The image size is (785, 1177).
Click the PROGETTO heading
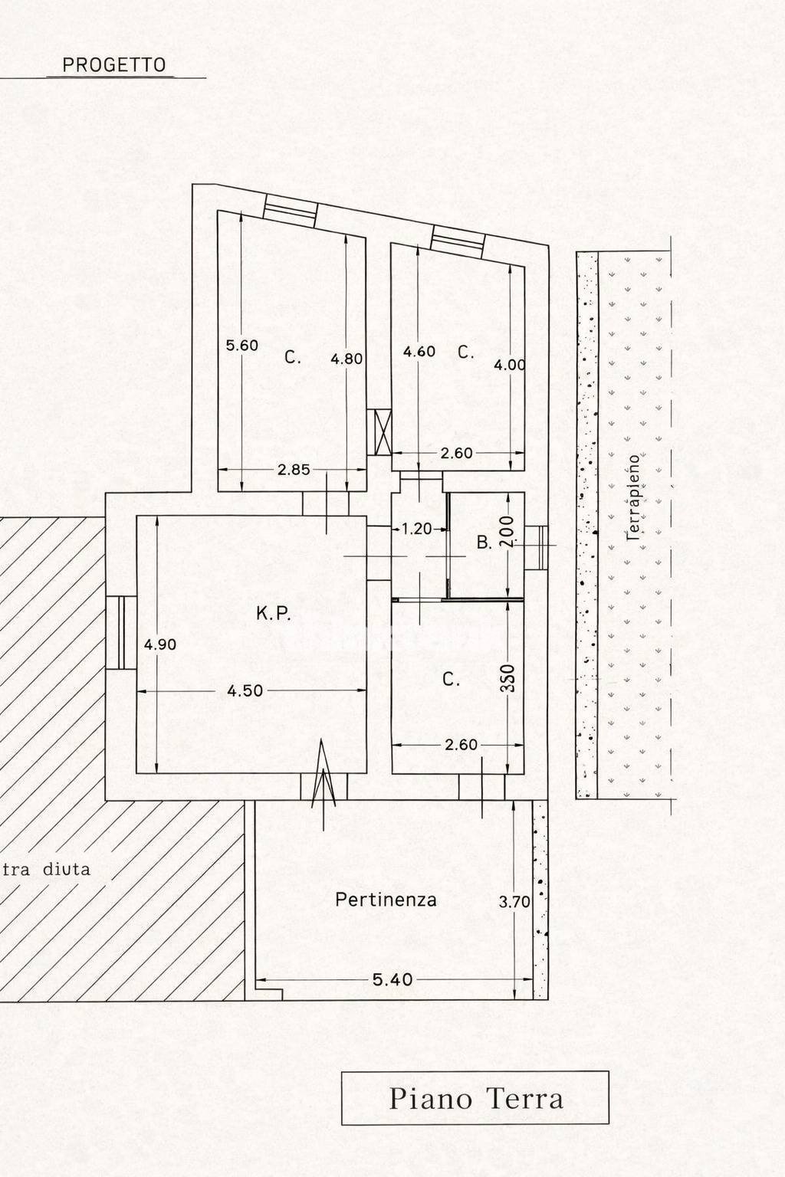coord(114,65)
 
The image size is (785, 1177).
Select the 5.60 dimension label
coord(241,346)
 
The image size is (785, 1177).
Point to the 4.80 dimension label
coord(347,359)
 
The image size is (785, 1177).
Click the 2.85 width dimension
coord(294,470)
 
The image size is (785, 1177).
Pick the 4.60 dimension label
coord(419,351)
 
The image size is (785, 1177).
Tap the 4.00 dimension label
coord(510,365)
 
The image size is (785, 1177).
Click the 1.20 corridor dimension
coord(416,529)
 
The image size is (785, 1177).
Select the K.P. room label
coord(274,613)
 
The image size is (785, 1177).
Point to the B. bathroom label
coord(484,543)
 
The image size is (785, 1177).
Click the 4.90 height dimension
coord(160,644)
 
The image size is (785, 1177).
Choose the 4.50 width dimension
coord(245,690)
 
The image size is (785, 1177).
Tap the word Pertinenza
coord(386,900)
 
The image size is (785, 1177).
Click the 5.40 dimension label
coord(392,979)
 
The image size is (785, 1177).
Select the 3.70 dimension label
coord(514,902)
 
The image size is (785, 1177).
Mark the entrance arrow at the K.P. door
coord(324,784)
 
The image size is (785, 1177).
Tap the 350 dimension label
coord(508,678)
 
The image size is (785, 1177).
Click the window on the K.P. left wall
coord(121,633)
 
